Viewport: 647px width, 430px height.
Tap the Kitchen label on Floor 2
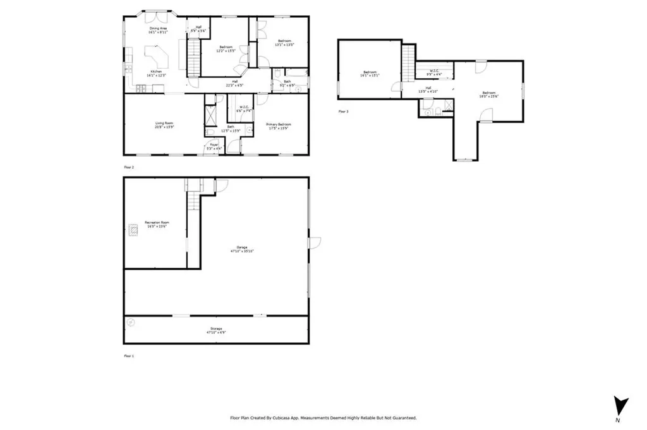point(155,73)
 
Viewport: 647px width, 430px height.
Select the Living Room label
point(165,124)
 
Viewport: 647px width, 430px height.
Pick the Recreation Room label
point(157,224)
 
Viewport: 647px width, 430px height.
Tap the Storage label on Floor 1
point(216,330)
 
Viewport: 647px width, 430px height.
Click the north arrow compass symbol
point(620,405)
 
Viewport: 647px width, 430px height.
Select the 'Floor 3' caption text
point(343,112)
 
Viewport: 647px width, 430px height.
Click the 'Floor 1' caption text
point(128,356)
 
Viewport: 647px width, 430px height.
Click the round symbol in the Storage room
point(131,322)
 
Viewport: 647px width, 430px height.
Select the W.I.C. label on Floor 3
point(435,72)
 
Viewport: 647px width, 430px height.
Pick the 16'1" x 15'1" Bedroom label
point(370,73)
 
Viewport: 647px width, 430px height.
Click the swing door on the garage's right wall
point(314,242)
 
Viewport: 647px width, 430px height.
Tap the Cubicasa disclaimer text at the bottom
point(323,418)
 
